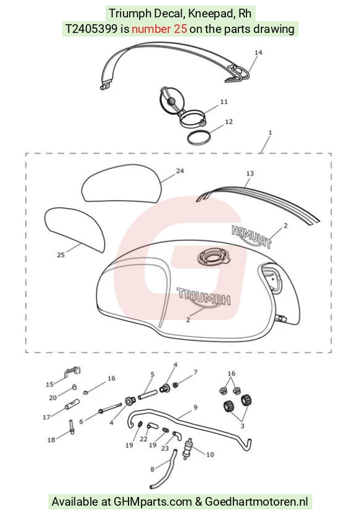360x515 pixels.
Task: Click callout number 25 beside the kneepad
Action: coord(61,255)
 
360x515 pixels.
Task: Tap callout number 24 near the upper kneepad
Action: coord(180,171)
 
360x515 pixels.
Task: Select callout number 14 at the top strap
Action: coord(258,52)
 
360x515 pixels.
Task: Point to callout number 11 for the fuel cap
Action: coord(224,102)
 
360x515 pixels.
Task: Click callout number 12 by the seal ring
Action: coord(229,122)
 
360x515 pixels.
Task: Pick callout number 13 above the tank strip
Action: coord(250,173)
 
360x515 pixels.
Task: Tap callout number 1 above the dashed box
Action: coord(270,133)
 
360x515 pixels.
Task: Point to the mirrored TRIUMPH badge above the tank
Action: coord(251,237)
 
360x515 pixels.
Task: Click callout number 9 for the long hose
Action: coord(196,408)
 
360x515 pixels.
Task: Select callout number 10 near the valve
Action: coord(210,455)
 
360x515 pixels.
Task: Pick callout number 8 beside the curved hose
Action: coord(152,470)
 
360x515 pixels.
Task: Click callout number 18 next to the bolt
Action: coord(51,440)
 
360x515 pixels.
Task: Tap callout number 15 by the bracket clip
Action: coord(50,385)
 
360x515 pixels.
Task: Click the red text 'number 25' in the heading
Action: coord(159,29)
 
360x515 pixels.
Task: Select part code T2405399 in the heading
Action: coord(91,29)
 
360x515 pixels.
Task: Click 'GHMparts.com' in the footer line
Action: coord(153,501)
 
